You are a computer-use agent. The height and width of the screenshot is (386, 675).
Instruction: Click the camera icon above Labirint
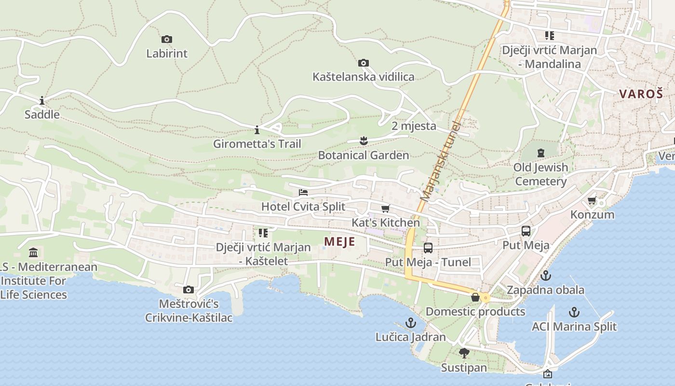point(166,39)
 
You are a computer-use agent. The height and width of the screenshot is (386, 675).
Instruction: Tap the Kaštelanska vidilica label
point(363,77)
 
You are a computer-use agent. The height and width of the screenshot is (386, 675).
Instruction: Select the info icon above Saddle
point(42,100)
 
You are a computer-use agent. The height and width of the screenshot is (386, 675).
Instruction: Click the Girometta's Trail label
point(257,144)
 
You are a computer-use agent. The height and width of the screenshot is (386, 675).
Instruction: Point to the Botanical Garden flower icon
point(364,140)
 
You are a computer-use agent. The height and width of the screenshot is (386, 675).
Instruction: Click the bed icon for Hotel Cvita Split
point(303,192)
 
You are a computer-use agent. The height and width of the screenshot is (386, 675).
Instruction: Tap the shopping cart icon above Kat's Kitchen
point(385,208)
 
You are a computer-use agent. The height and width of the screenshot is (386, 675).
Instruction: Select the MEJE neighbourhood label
point(339,242)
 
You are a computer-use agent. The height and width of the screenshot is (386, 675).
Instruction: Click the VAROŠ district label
point(641,94)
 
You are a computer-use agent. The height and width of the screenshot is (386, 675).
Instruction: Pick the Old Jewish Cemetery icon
point(541,153)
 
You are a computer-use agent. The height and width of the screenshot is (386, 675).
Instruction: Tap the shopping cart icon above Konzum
point(592,200)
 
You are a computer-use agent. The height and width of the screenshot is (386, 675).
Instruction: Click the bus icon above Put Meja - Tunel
point(428,248)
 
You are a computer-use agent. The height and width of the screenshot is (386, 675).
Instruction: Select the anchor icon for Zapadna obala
point(545,276)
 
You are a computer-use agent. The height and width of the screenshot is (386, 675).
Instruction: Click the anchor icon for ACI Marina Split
point(574,312)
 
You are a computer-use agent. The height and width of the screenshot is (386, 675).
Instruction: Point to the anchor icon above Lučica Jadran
point(410,322)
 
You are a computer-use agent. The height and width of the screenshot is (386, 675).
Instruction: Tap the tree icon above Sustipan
point(464,353)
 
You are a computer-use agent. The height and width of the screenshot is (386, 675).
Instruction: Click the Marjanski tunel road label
point(440,162)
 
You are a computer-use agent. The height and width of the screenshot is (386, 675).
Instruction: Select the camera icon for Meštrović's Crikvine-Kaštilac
point(189,289)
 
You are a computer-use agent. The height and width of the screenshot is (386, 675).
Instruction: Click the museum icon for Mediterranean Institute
point(33,252)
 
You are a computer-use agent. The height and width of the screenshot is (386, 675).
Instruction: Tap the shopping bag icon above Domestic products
point(475,297)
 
